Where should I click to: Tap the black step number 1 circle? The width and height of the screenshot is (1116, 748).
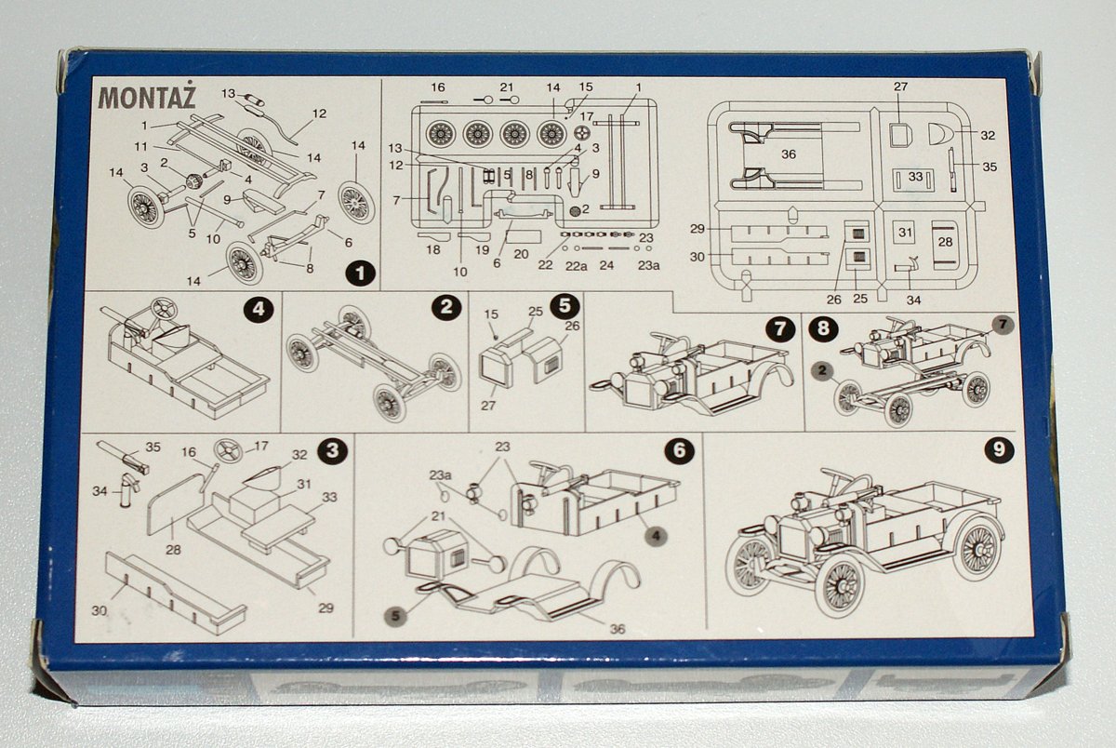(x=360, y=273)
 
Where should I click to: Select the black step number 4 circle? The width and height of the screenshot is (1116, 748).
(x=259, y=310)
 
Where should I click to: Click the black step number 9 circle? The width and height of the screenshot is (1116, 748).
(x=999, y=449)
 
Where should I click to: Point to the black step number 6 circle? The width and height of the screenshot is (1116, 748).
(x=679, y=450)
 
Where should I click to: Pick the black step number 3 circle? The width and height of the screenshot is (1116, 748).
(x=332, y=450)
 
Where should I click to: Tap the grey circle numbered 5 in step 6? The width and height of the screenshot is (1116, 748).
(x=395, y=616)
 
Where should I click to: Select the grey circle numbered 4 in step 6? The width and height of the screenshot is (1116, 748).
(x=657, y=536)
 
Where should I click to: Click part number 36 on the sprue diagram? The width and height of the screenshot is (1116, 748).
(x=789, y=154)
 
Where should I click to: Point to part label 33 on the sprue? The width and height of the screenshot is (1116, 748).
(x=915, y=177)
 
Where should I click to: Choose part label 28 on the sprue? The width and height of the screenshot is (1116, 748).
(x=945, y=242)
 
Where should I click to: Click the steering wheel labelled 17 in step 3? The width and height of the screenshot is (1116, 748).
(x=229, y=451)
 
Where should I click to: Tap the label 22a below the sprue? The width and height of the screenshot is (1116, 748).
(x=576, y=266)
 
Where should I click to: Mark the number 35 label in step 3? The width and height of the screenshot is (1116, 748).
(x=153, y=447)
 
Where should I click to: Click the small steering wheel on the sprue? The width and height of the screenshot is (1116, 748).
(x=581, y=133)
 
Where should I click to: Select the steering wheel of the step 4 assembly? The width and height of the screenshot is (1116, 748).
(x=164, y=310)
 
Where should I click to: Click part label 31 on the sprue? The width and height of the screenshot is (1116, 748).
(x=905, y=233)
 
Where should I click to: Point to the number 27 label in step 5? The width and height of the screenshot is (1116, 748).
(x=487, y=405)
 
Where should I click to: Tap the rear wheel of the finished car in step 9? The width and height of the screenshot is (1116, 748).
(x=978, y=549)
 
